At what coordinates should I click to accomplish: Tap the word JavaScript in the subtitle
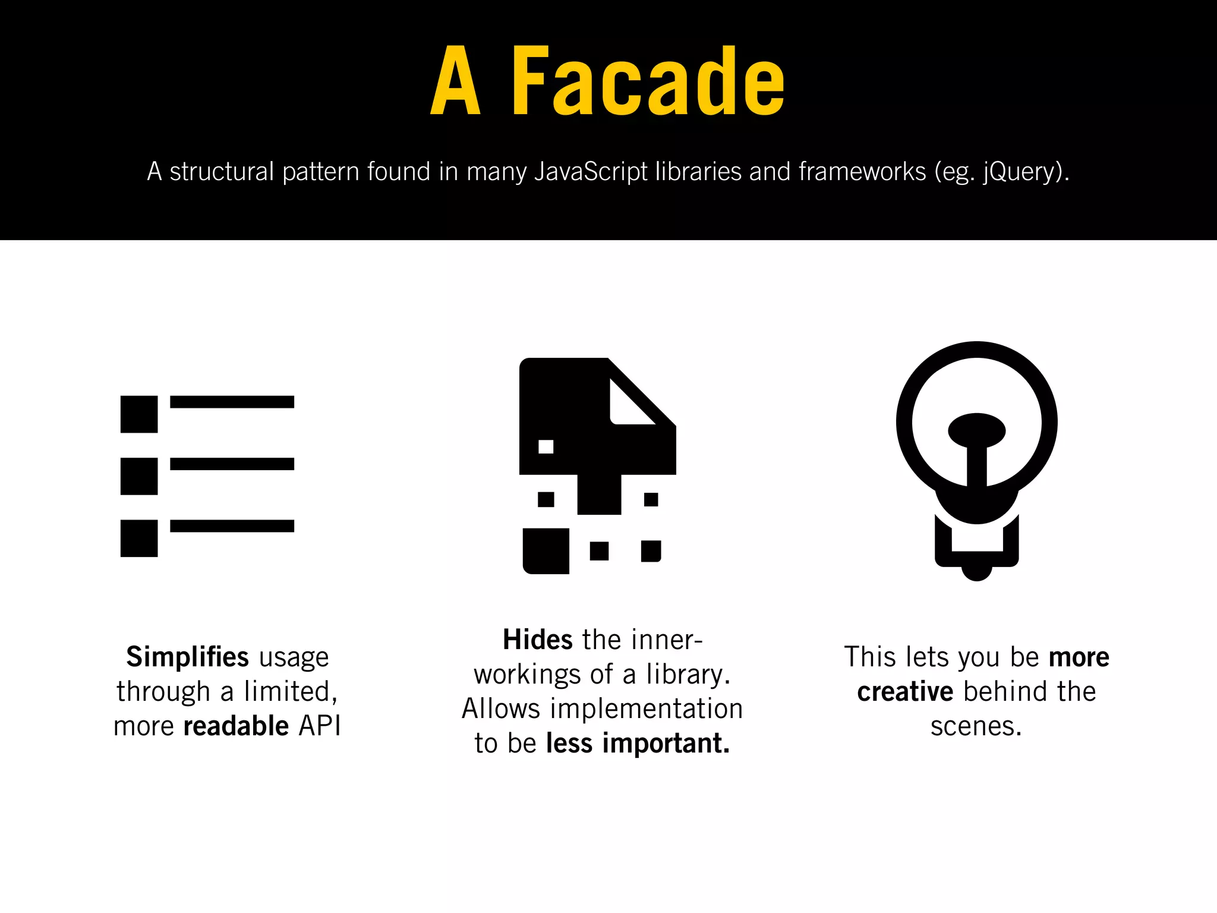(591, 172)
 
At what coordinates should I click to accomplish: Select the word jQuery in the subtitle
(1020, 172)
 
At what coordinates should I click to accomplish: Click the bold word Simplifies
(187, 657)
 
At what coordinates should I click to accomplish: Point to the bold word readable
(236, 726)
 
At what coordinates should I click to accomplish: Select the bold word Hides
(537, 640)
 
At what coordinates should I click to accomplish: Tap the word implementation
(647, 709)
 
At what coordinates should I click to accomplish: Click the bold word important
(666, 743)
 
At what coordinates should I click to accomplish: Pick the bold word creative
(904, 691)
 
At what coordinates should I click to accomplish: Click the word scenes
(975, 726)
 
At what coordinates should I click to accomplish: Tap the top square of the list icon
(139, 414)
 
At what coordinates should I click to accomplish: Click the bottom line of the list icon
(232, 526)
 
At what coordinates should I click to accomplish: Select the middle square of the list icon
(139, 476)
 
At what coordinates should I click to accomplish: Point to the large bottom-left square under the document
(546, 551)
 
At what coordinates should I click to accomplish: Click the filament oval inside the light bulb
(976, 430)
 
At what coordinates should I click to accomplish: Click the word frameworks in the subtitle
(862, 172)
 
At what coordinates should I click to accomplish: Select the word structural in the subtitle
(222, 172)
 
